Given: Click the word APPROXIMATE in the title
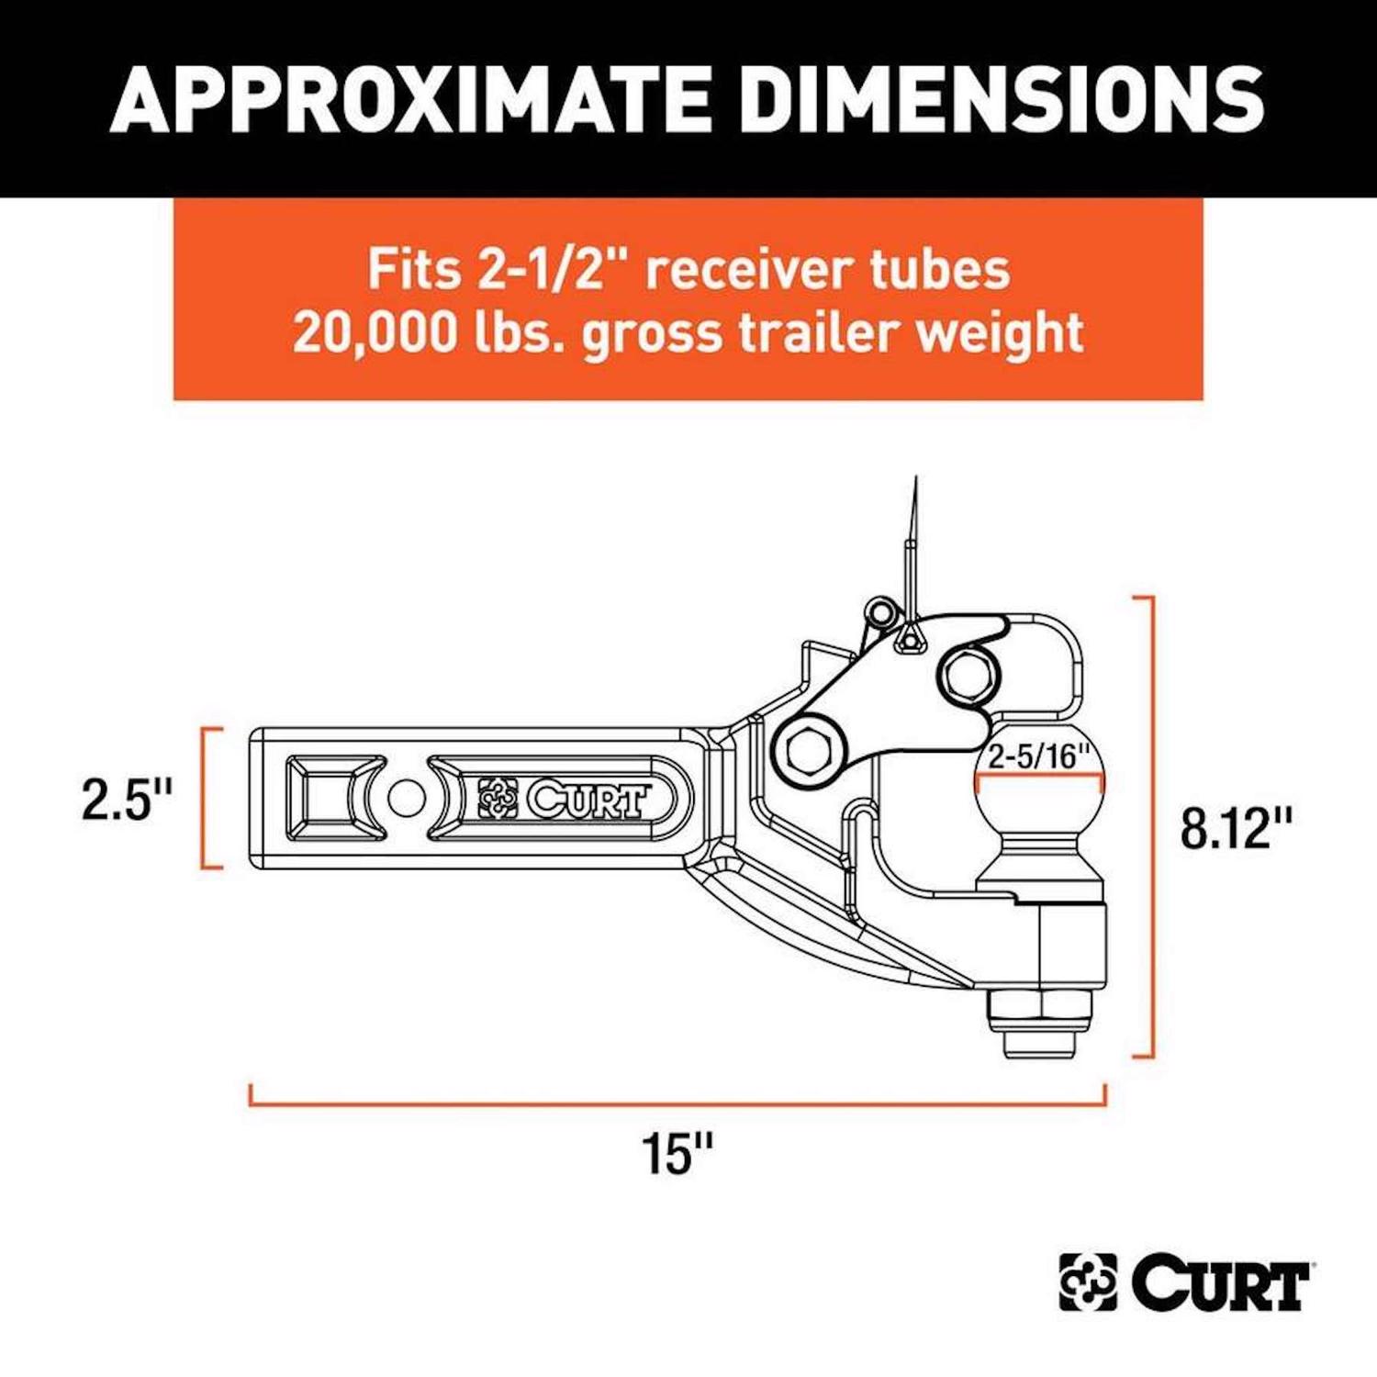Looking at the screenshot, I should coord(409,98).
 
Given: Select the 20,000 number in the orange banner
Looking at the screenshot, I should coord(375,331).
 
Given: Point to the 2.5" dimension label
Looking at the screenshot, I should coord(127,799).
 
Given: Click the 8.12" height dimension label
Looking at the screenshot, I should coord(1236,828).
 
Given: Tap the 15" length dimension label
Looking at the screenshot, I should coord(677,1153).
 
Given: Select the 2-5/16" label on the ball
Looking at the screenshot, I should coord(1038,756).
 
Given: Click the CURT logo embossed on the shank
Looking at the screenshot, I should coord(564,799).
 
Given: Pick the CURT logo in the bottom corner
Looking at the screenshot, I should coord(1184,1282).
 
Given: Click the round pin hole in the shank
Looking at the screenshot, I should coord(407,798).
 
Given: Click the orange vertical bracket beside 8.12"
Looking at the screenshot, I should coord(1149,826).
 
